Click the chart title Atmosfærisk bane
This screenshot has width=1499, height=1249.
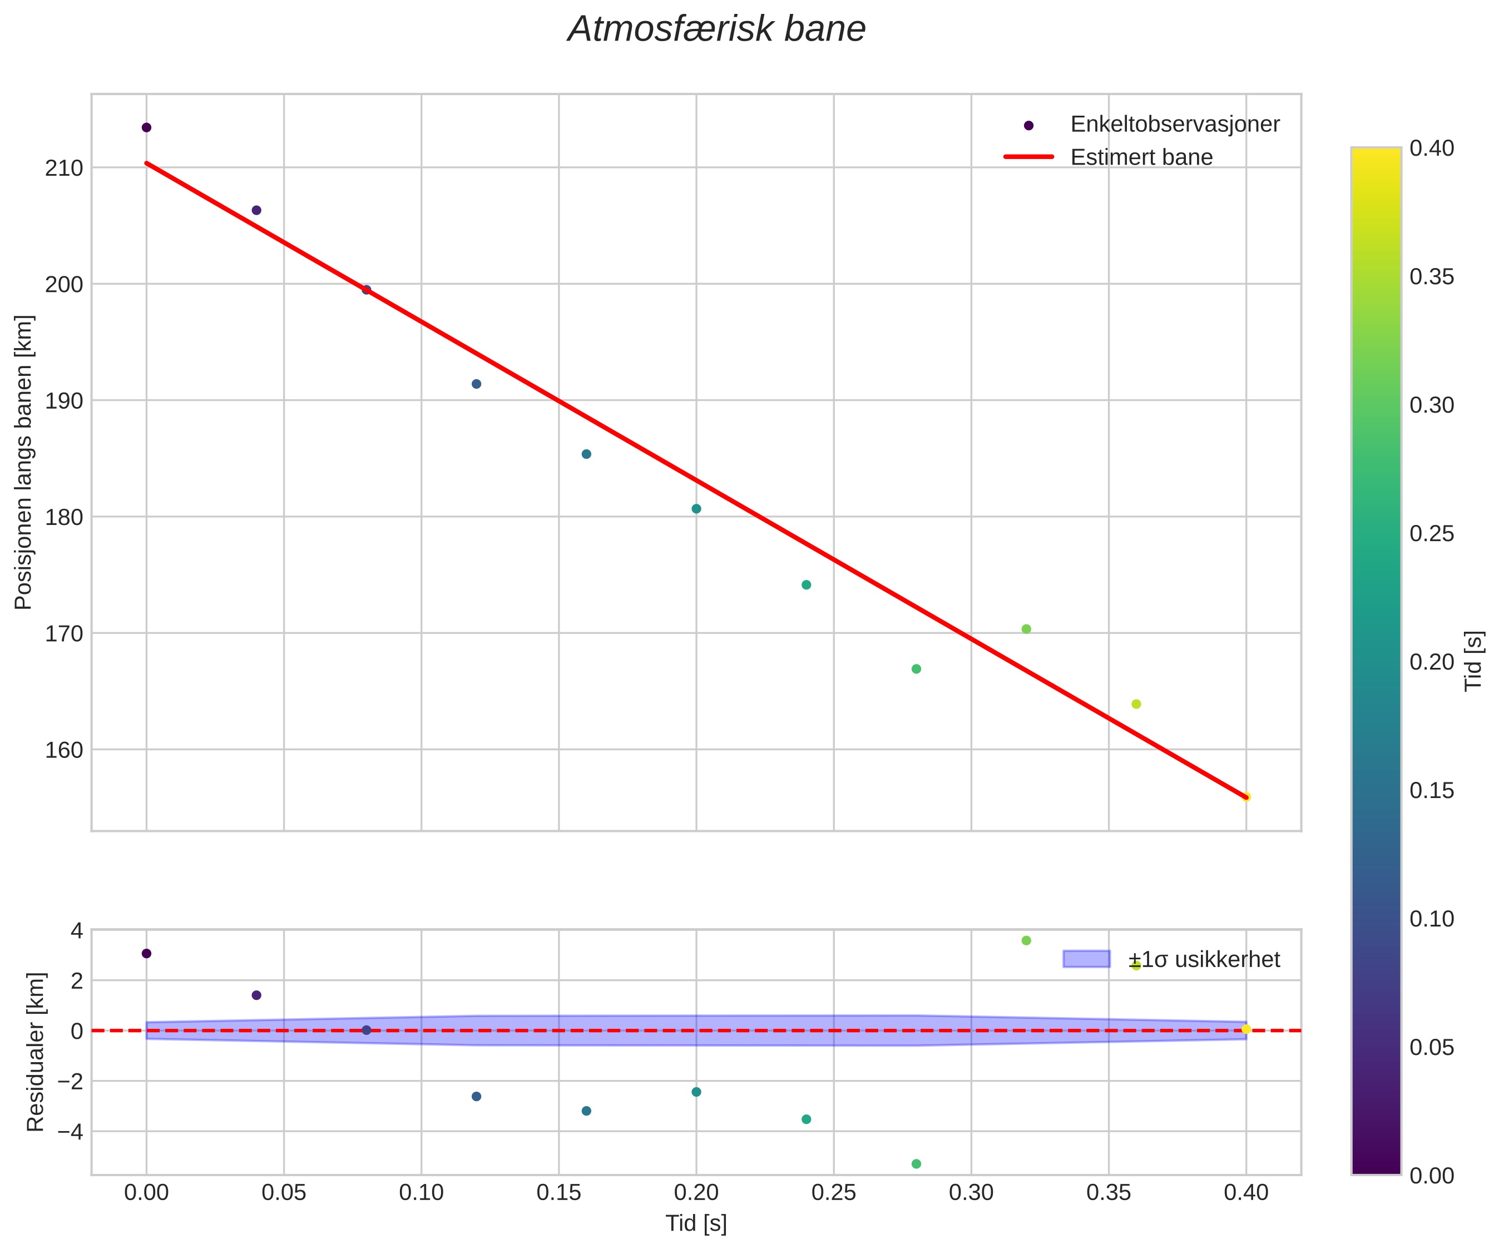[716, 30]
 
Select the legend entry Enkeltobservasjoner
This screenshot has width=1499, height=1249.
[1174, 124]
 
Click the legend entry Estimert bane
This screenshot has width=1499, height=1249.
[1141, 157]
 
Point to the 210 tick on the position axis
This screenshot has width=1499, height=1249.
[65, 168]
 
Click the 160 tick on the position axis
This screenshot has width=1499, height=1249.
[65, 750]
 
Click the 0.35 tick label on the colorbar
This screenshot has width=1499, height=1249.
[1431, 277]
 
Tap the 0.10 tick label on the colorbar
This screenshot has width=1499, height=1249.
[1431, 919]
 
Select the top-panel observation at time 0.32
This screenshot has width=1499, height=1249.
[1026, 629]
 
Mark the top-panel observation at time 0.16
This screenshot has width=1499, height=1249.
[586, 454]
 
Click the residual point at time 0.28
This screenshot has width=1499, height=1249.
[917, 1164]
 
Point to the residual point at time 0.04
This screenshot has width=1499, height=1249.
[256, 995]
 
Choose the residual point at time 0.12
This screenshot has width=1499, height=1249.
[476, 1096]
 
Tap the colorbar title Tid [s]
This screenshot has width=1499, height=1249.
[1473, 660]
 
